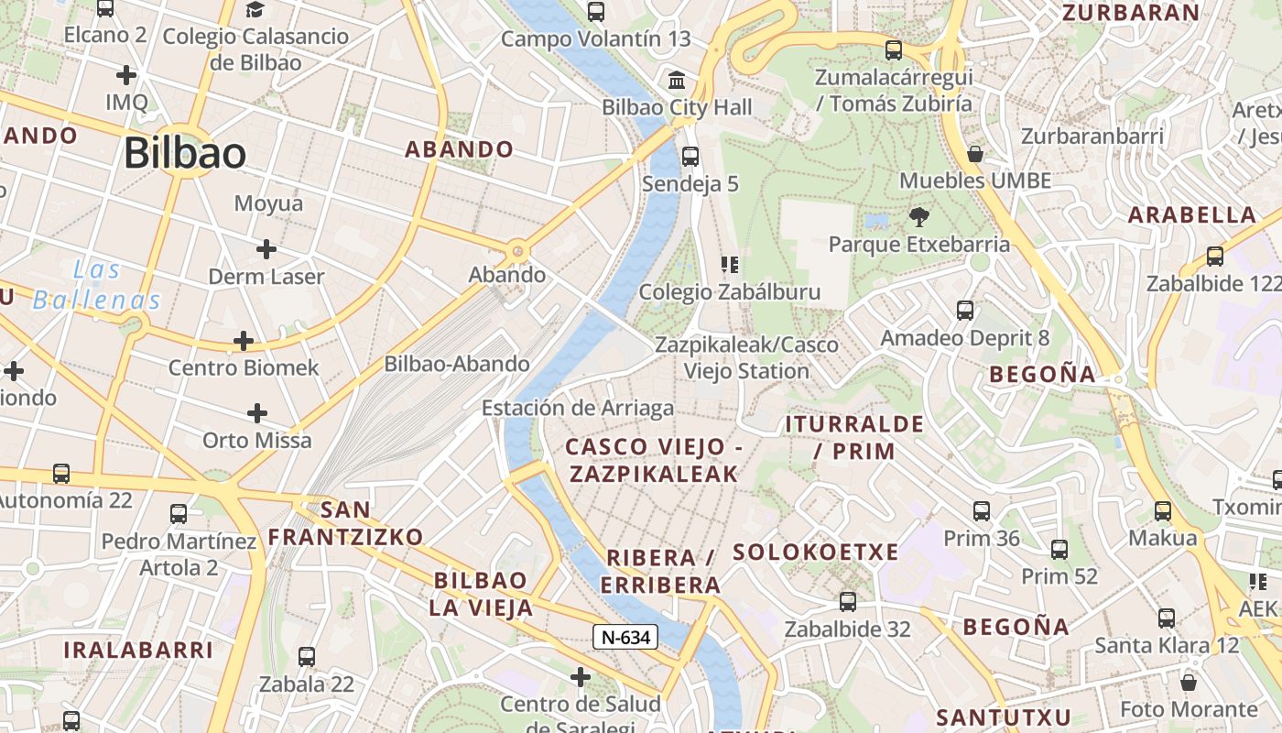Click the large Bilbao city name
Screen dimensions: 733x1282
click(185, 153)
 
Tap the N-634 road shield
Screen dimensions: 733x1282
click(625, 637)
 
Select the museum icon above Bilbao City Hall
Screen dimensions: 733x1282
click(678, 81)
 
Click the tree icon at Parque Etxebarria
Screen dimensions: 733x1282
click(918, 217)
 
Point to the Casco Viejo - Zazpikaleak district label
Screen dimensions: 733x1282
click(653, 460)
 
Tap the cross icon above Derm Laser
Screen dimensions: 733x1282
click(266, 248)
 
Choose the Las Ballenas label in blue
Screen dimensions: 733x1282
click(96, 285)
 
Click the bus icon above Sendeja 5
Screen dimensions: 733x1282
click(690, 157)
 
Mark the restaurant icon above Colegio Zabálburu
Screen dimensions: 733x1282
click(730, 266)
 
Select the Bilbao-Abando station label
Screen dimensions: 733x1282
click(457, 364)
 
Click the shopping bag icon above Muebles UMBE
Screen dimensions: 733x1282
click(975, 154)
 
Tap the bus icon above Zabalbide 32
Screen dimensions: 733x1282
click(848, 602)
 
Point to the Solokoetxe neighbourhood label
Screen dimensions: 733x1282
click(816, 552)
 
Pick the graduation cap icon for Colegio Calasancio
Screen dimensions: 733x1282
click(255, 10)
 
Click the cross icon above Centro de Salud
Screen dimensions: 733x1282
click(580, 677)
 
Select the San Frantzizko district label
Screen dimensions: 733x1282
click(346, 523)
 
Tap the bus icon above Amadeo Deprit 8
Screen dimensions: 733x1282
click(965, 311)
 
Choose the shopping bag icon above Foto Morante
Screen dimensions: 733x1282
click(1189, 683)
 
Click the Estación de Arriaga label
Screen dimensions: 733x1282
click(578, 409)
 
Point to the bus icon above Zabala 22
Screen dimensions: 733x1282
click(307, 657)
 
